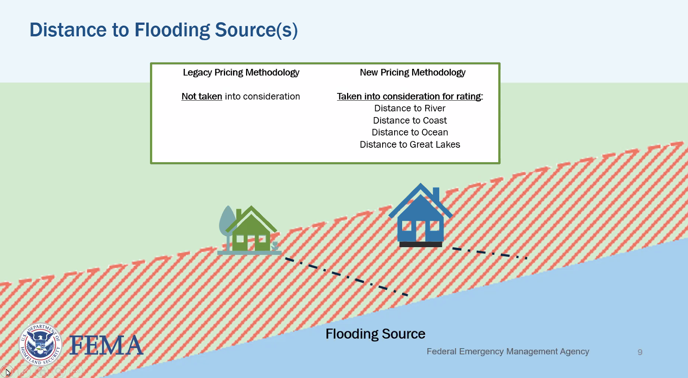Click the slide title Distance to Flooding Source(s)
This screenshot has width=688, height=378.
[163, 30]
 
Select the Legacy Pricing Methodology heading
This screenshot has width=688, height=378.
[241, 73]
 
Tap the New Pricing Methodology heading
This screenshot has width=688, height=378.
[412, 73]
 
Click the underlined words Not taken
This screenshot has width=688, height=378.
[202, 96]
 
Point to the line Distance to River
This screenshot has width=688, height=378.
[409, 108]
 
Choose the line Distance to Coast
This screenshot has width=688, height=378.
[409, 121]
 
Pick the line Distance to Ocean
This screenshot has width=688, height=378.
[409, 132]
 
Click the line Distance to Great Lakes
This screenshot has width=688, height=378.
[409, 145]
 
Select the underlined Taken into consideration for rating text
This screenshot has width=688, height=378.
[409, 96]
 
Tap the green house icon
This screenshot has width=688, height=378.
[251, 233]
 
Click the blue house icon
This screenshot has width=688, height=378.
[420, 218]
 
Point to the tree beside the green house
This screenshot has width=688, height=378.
[227, 222]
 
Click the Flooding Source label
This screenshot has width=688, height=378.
[375, 334]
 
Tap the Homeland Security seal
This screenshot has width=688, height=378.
[40, 344]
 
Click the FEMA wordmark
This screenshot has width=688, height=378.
[106, 345]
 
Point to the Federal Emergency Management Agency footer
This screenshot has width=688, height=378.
[507, 352]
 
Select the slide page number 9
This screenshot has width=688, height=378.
[640, 352]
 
